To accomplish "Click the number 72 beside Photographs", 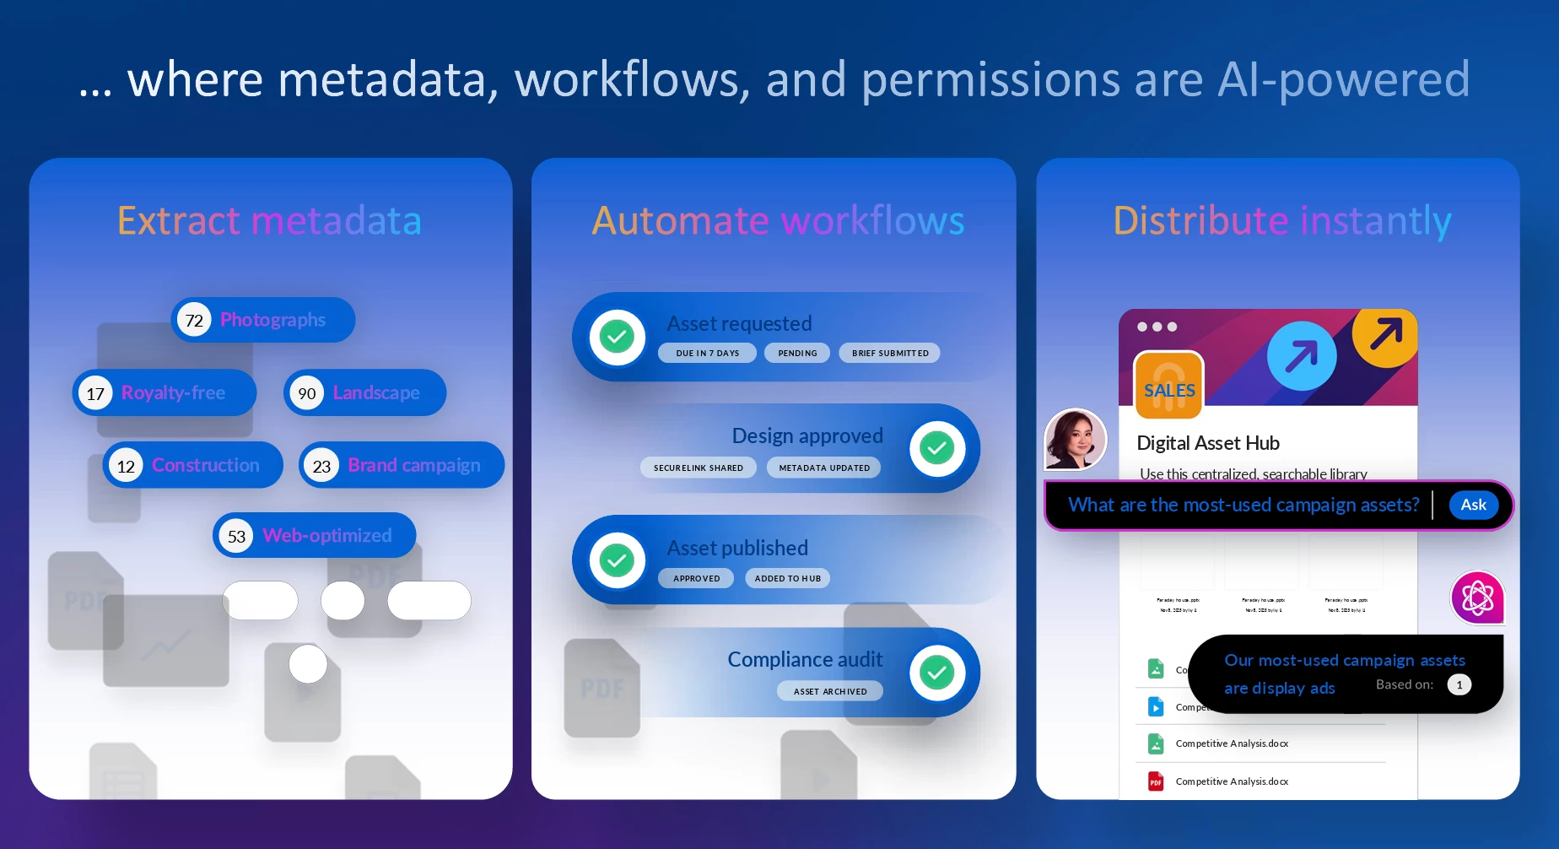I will [x=194, y=321].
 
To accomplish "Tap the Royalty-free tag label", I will [x=173, y=393].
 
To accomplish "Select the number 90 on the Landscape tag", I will [x=307, y=393].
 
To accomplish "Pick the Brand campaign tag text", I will [x=413, y=466].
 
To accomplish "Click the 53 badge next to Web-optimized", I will [x=236, y=537].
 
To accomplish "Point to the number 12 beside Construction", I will [x=126, y=466].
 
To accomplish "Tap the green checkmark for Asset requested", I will [x=618, y=338].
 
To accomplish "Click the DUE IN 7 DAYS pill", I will [x=707, y=354].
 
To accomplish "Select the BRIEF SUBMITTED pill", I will [x=889, y=354].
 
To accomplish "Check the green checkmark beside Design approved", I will [x=936, y=448].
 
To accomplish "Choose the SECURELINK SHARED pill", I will [x=698, y=468].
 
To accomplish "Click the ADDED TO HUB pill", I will [x=787, y=579].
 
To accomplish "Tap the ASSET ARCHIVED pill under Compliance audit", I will [x=829, y=692].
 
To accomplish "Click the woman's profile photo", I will [x=1075, y=439].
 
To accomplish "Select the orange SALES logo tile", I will [x=1169, y=386].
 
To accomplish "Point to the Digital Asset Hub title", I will [x=1207, y=444].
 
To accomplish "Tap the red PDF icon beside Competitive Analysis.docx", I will [x=1156, y=782].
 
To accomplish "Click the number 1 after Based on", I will [x=1459, y=685].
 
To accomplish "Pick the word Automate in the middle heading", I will [x=680, y=222].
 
